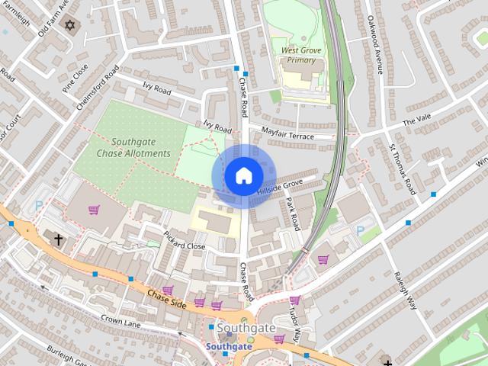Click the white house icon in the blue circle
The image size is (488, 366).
[x=242, y=175]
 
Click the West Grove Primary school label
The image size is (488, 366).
[x=300, y=56]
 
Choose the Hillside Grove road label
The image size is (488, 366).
[x=280, y=186]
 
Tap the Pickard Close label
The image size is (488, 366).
[x=185, y=242]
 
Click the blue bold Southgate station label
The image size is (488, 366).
[x=229, y=345]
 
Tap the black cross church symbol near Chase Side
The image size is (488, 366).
[x=58, y=239]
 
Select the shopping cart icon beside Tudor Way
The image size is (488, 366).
[x=294, y=300]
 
